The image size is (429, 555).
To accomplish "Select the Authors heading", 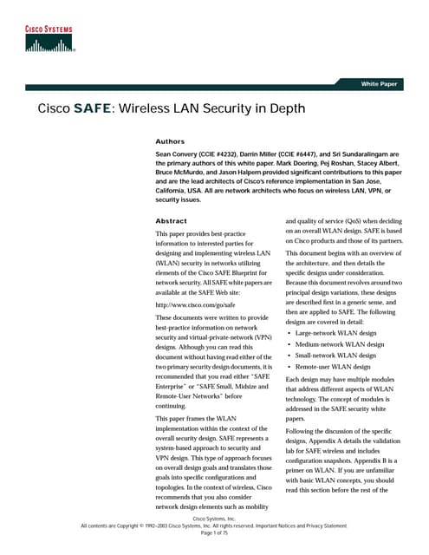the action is (169, 140).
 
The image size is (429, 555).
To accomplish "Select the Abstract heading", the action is (171, 221).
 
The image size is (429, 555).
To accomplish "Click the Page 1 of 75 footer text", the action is (213, 532).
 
